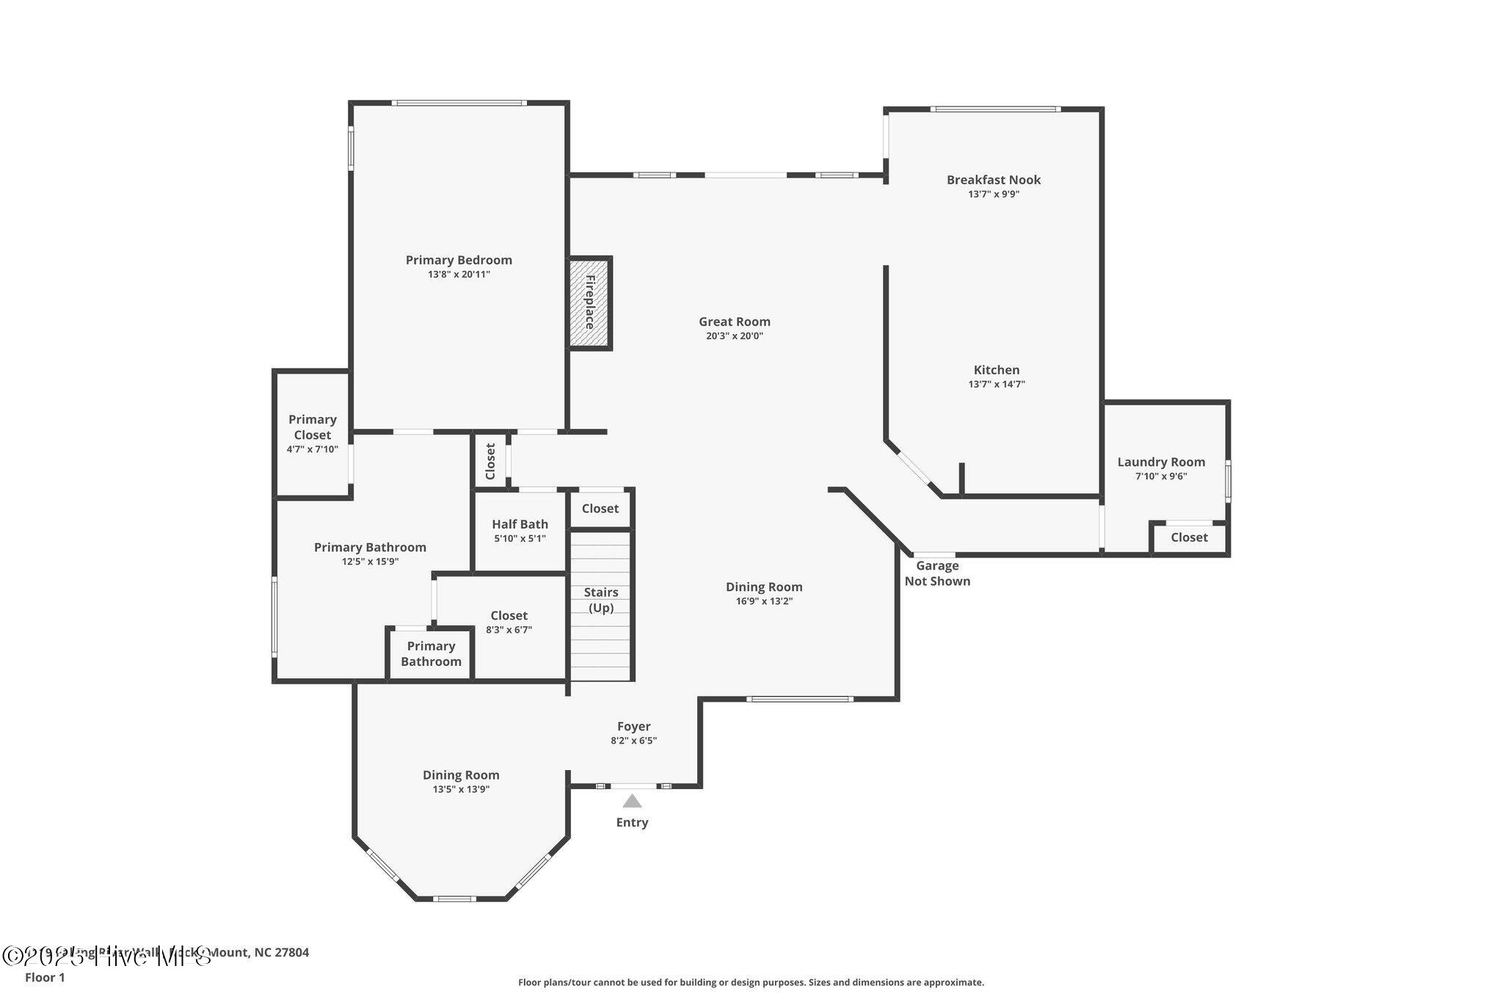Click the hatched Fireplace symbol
coord(590,302)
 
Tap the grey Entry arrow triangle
coord(632,801)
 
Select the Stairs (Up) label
coord(601,600)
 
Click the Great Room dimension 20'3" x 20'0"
coord(734,336)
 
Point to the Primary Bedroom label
coord(459,260)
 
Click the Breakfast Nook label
coord(993,180)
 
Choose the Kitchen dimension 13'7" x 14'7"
coord(996,384)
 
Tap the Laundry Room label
coord(1160,462)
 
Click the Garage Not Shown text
coord(937,573)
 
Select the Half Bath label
coord(520,524)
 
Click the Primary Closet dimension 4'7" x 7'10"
coord(313,449)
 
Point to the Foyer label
coord(633,727)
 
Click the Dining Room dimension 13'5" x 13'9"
coord(461,789)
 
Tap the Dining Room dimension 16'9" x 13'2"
coord(764,601)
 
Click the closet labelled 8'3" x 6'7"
coord(509,622)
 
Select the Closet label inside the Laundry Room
coord(1189,537)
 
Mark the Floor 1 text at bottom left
coord(45,977)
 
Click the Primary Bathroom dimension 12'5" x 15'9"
coord(370,562)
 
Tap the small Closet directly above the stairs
coord(600,509)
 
